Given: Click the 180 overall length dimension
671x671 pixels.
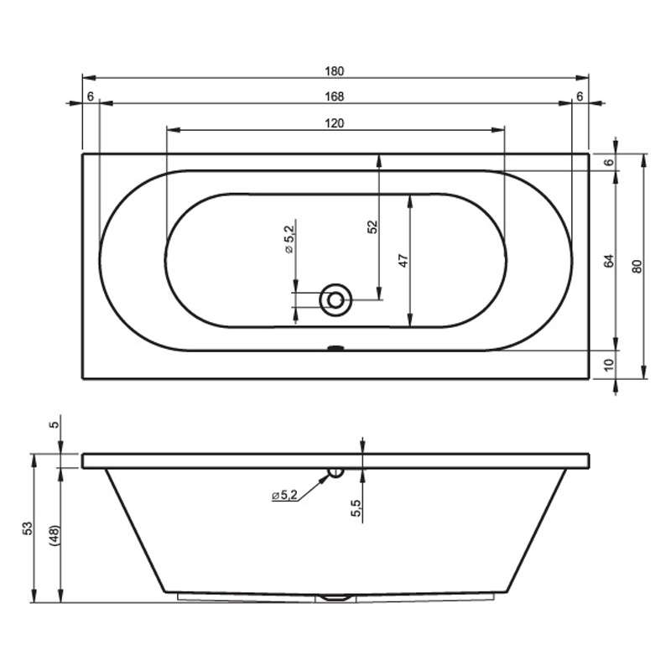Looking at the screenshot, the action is tap(334, 71).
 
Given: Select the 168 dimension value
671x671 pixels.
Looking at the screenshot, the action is tap(334, 96).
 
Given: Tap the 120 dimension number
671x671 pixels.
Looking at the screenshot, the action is tap(334, 123).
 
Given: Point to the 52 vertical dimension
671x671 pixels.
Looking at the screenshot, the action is tap(373, 226).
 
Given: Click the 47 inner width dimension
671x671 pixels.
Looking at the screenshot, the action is tap(403, 261).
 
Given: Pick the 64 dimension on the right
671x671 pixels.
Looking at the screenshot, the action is tap(609, 261).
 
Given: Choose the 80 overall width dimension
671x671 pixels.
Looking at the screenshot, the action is tap(637, 267).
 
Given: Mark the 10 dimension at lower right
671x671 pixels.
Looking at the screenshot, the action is tap(609, 365).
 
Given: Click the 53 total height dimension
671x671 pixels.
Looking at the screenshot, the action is tap(28, 528).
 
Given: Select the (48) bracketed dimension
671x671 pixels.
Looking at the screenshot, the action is tap(55, 535).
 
